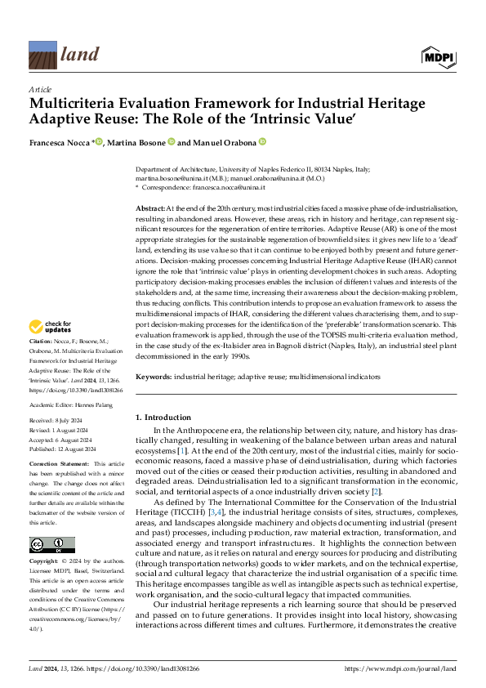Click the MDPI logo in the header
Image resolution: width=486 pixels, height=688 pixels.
[439, 55]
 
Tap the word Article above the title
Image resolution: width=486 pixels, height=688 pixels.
[39, 88]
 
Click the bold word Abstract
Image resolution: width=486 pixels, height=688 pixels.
[149, 209]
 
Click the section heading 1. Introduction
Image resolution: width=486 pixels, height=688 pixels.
[163, 418]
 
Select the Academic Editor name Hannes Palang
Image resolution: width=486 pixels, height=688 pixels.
[96, 404]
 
